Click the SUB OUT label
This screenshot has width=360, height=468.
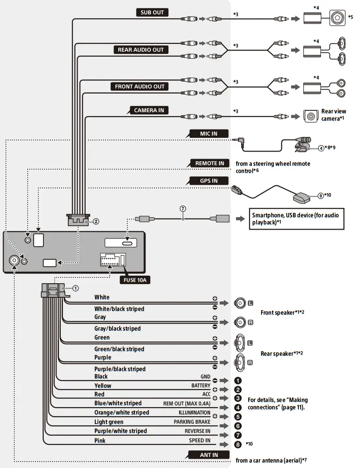point(152,12)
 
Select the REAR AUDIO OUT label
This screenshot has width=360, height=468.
point(141,50)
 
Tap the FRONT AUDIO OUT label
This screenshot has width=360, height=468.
point(140,86)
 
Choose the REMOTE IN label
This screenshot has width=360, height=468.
point(210,163)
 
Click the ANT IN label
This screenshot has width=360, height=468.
point(209,455)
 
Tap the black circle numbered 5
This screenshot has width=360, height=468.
point(238,417)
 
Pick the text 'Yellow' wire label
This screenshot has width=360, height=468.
point(103,386)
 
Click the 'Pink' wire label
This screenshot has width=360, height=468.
point(100,441)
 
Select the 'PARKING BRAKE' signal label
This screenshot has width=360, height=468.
point(192,422)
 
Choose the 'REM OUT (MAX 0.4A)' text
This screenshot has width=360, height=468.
point(187,403)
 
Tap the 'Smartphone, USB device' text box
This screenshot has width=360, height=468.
point(295,218)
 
